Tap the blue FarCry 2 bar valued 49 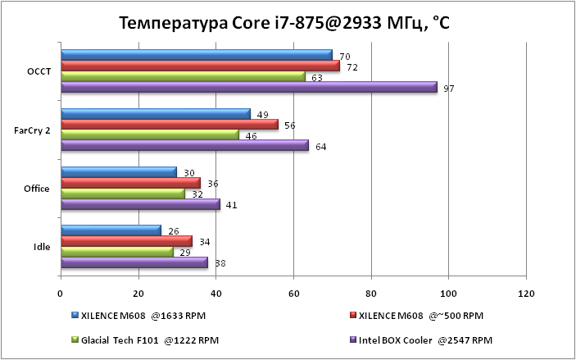pos(156,113)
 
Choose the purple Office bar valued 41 pos(140,204)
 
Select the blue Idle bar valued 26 pos(111,231)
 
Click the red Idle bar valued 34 pos(126,242)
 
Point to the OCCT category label pos(39,71)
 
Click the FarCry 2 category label pos(33,130)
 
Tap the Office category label pos(38,189)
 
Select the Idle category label pos(41,247)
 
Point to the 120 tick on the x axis pos(525,293)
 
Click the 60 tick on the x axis pos(293,293)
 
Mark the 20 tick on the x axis pos(138,293)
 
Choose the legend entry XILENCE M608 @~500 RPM pos(421,315)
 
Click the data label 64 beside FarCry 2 pos(320,146)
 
